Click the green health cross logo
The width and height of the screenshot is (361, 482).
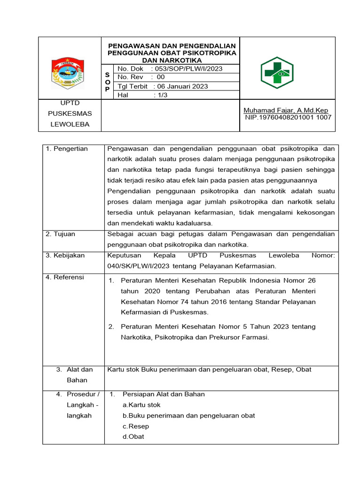[277, 73]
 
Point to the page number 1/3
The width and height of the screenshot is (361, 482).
[161, 95]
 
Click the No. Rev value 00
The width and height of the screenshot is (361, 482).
[161, 77]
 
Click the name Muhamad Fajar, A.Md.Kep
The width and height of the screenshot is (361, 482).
[285, 110]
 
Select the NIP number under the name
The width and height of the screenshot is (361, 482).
[288, 117]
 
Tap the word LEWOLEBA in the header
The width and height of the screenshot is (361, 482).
[70, 125]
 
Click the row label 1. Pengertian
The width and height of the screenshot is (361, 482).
[67, 149]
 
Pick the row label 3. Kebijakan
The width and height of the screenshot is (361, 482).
[65, 255]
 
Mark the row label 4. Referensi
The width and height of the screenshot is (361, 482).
[65, 277]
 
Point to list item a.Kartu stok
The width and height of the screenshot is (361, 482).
[141, 405]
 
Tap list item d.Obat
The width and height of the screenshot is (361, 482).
[133, 436]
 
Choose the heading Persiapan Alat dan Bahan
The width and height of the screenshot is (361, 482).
[163, 394]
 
